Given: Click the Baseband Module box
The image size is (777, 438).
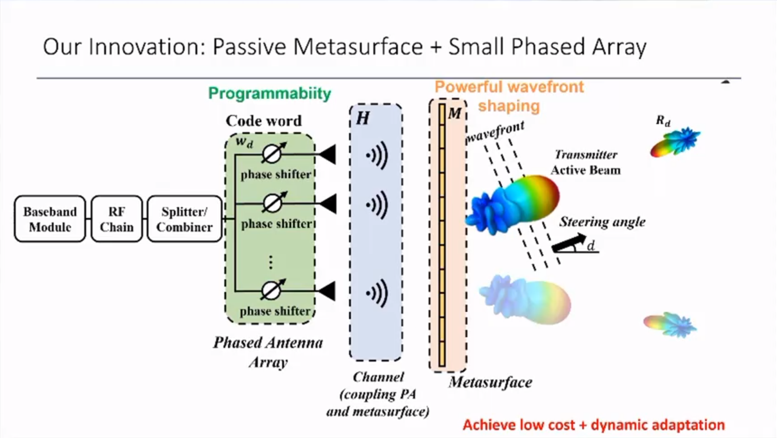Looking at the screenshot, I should pos(50,219).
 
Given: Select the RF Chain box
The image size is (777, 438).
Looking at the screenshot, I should pos(117,219).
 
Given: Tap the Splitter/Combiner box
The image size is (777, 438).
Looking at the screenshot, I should pos(184,219).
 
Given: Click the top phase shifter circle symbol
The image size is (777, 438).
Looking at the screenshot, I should pos(272,154).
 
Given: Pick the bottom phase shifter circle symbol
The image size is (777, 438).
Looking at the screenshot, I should pos(271,290).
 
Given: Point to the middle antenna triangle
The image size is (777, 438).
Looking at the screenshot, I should pos(328,204).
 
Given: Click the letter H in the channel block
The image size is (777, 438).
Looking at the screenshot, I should pos(363,118).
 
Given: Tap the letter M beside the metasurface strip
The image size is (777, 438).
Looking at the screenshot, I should pos(454,113).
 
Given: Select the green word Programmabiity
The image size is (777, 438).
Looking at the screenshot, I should pos(270,93).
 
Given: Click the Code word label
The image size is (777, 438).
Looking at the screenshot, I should pos(264,121).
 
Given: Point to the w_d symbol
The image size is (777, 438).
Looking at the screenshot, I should pos(244,142).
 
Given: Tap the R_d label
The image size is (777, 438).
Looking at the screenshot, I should pos(663,121).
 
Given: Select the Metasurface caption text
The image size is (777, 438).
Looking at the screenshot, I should pos(491,382).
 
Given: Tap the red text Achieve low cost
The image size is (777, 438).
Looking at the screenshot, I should pos(519,425).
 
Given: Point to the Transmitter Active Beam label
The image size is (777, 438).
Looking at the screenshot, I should pos(586,163).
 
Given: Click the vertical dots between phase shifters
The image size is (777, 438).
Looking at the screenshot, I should pos(270,262).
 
